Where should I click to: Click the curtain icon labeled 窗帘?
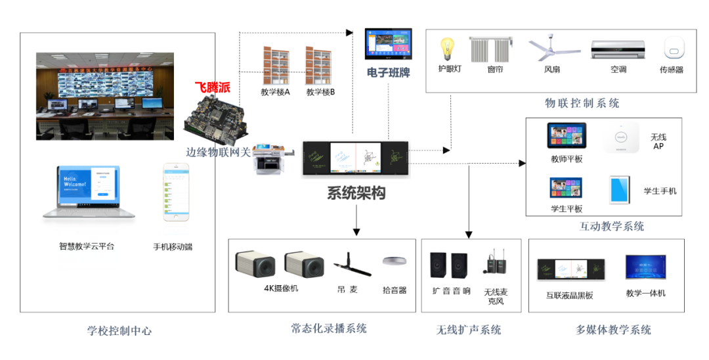coord(490,49)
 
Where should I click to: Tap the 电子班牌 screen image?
coord(388,45)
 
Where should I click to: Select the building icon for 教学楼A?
coord(275,64)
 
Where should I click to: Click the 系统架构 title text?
coord(356,193)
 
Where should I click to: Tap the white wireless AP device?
coord(620,137)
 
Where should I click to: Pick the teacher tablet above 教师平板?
coord(567,136)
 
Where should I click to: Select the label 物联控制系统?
coord(582,103)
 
